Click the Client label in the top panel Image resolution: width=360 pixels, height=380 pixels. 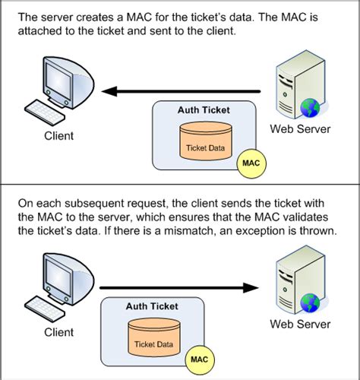coord(58,136)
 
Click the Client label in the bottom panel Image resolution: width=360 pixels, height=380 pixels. coord(58,332)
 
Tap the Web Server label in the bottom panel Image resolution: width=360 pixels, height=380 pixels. coord(300,325)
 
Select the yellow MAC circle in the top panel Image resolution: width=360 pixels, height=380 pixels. coord(251,162)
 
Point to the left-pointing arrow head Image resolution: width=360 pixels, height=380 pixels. coord(110,91)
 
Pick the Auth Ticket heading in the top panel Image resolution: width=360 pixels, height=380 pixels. coord(203,110)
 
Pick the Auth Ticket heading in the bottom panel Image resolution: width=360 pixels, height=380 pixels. coord(152,307)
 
